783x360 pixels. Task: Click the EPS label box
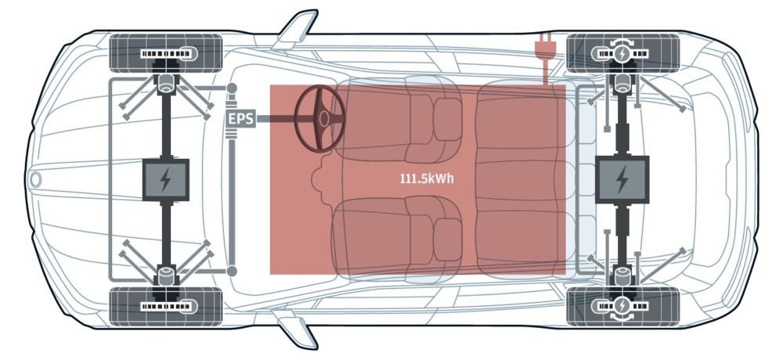point(240,119)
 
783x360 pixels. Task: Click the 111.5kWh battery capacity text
point(427,178)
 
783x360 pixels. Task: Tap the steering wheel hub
point(324,119)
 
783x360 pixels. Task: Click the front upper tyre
point(166,53)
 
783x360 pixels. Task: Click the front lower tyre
point(166,306)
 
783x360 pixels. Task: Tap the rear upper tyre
point(623,53)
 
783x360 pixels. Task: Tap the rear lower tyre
point(623,306)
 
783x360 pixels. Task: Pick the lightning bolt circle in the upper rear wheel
point(622,54)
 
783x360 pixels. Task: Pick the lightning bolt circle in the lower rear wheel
point(622,305)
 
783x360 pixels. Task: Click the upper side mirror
point(298,28)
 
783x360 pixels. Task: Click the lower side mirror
point(298,329)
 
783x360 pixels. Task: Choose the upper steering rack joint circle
point(232,88)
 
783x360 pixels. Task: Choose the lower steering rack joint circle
point(232,271)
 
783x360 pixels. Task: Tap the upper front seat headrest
point(447,119)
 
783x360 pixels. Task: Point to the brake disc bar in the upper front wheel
point(166,53)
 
